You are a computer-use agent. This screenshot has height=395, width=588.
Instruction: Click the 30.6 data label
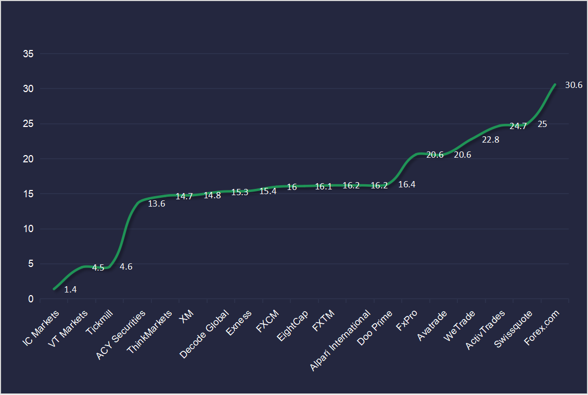pos(573,85)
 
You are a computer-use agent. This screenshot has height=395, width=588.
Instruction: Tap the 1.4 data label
pos(71,290)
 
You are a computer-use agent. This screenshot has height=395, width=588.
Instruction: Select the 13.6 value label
pos(157,203)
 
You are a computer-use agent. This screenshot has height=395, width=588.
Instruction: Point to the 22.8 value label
pos(491,139)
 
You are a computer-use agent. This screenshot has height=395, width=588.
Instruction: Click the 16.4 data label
pos(406,184)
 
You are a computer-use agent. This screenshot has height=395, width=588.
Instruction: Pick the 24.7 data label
pos(518,126)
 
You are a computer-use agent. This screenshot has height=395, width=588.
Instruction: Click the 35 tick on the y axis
pos(29,54)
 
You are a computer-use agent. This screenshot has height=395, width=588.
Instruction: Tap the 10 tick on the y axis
pos(29,229)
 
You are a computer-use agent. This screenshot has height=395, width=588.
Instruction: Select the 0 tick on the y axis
pos(31,299)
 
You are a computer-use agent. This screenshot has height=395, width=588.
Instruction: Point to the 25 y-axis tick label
pos(29,124)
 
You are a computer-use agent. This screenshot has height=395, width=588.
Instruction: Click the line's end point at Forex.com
pos(555,84)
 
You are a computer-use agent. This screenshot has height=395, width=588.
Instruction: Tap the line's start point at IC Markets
pos(54,289)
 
